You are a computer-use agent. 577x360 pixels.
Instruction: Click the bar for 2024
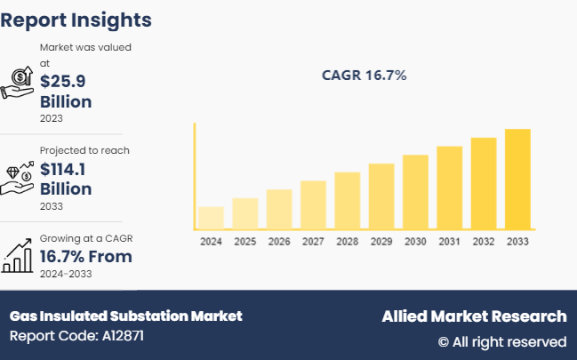[x=211, y=219]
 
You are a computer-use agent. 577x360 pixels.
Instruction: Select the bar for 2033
[x=517, y=180]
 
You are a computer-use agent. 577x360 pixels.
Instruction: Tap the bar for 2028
[x=347, y=201]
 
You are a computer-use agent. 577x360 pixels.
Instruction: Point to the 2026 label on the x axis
[x=279, y=242]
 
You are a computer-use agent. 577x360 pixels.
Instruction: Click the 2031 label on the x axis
[x=449, y=242]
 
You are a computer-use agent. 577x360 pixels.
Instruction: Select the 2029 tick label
[x=381, y=242]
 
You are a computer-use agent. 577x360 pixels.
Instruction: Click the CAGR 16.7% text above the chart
[x=364, y=76]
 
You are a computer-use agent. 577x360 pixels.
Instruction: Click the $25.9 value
[x=63, y=82]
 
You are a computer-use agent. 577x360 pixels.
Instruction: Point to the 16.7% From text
[x=85, y=257]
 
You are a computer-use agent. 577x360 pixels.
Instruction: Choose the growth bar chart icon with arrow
[x=19, y=257]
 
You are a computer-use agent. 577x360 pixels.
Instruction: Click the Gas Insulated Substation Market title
[x=125, y=316]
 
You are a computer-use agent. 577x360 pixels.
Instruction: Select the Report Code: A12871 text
[x=76, y=336]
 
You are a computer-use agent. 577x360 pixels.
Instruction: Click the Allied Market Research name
[x=473, y=316]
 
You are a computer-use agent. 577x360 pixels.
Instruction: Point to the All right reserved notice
[x=501, y=341]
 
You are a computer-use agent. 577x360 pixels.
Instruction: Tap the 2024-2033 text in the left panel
[x=66, y=274]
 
